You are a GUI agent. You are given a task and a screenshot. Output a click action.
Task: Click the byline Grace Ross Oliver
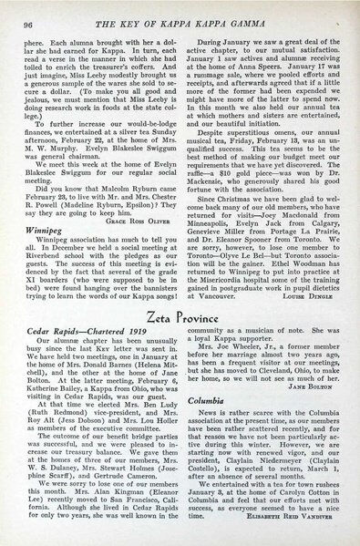click(143, 195)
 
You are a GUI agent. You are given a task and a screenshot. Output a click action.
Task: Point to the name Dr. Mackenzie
click(205, 166)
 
